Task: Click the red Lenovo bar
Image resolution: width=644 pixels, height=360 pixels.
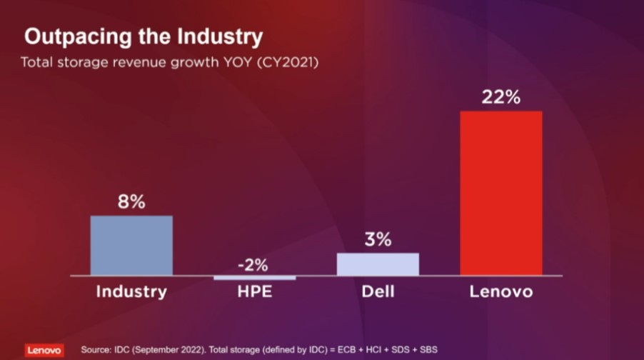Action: tap(500, 193)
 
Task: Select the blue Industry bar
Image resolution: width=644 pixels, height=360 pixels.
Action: tap(131, 245)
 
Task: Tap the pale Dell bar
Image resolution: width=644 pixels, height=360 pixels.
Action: tap(378, 264)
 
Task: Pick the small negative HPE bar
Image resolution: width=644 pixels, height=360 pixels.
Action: tap(254, 277)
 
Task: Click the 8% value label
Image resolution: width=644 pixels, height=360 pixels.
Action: tap(131, 202)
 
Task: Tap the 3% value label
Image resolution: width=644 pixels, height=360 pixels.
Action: tap(378, 240)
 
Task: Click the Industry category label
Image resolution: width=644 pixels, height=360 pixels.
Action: tap(131, 291)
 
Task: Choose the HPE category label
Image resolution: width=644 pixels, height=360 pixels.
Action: tap(254, 292)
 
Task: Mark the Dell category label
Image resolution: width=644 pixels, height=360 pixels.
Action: tap(378, 291)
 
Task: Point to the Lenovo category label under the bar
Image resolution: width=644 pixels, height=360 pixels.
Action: tap(500, 291)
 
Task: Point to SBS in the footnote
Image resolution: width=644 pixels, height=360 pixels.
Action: tap(426, 350)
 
